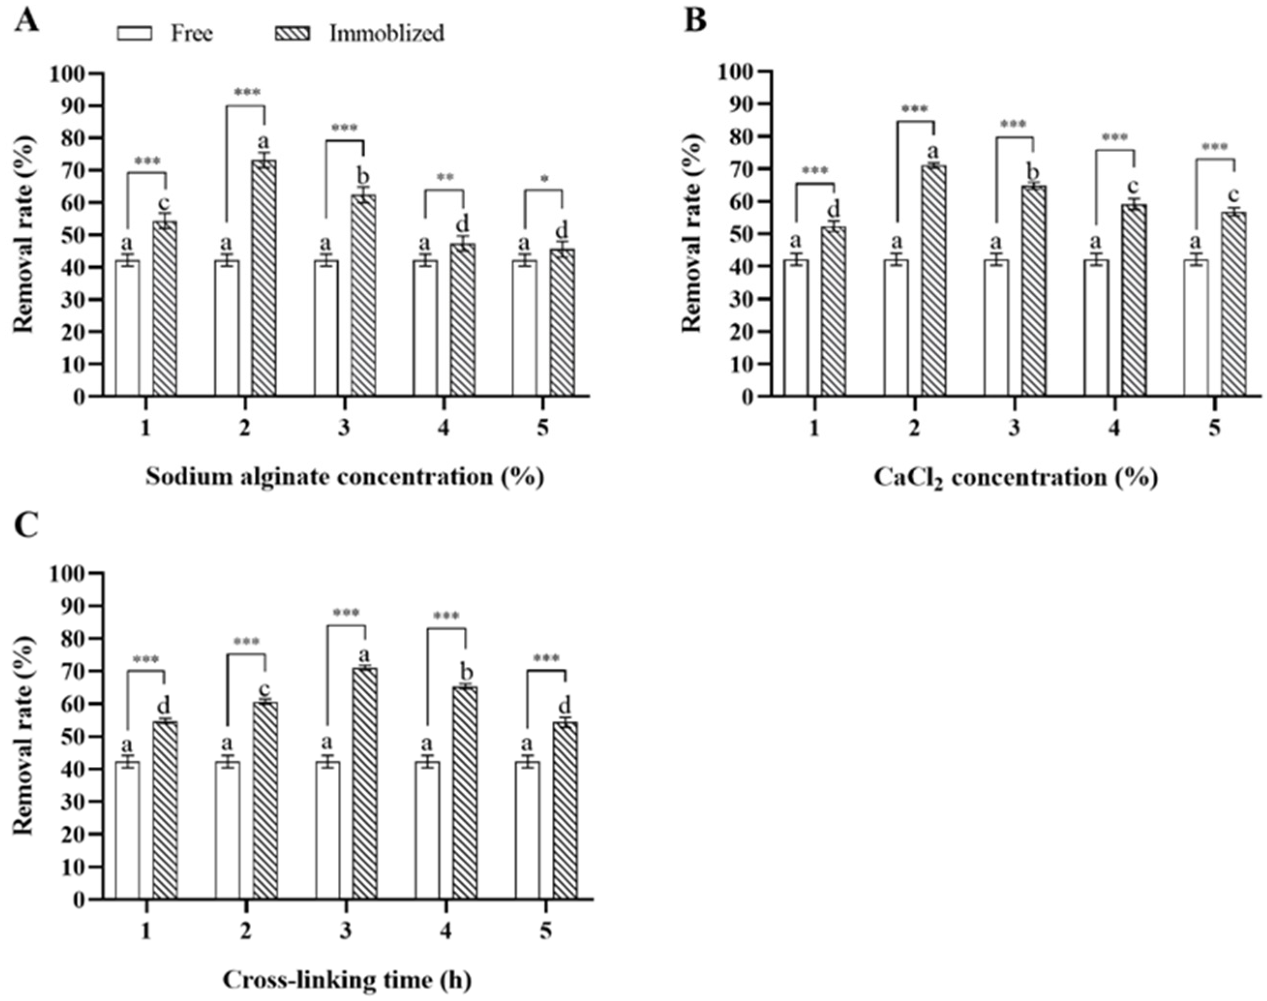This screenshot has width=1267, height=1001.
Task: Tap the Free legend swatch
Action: [134, 34]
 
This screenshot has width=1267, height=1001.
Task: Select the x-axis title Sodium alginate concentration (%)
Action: [345, 476]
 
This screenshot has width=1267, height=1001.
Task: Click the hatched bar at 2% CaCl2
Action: [934, 281]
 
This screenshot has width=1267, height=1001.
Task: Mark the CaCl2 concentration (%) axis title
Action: [1015, 478]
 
